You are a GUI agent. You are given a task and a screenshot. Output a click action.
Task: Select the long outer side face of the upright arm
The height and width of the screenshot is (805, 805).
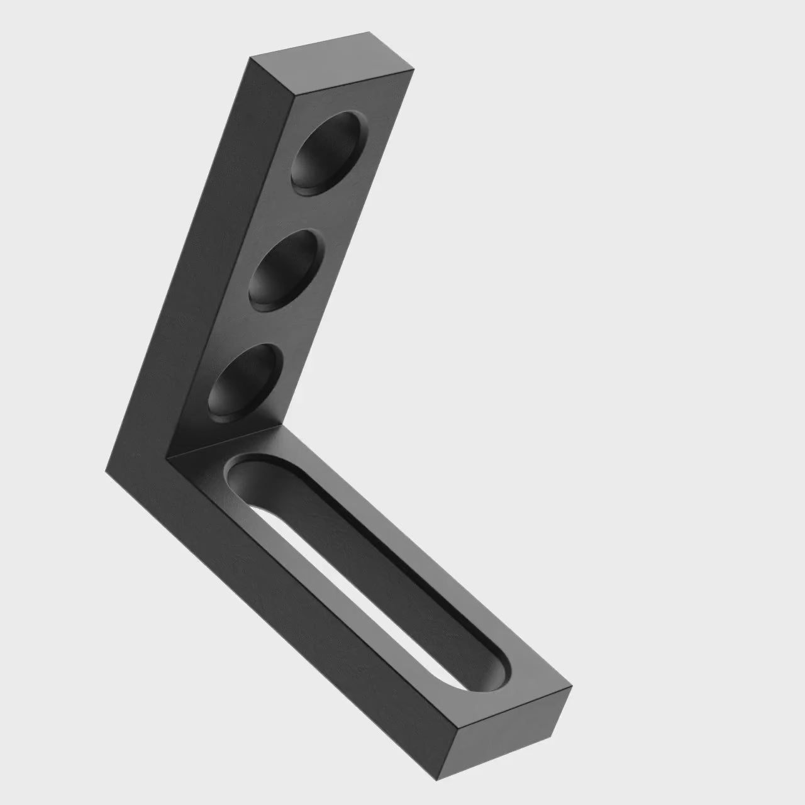click(189, 252)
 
